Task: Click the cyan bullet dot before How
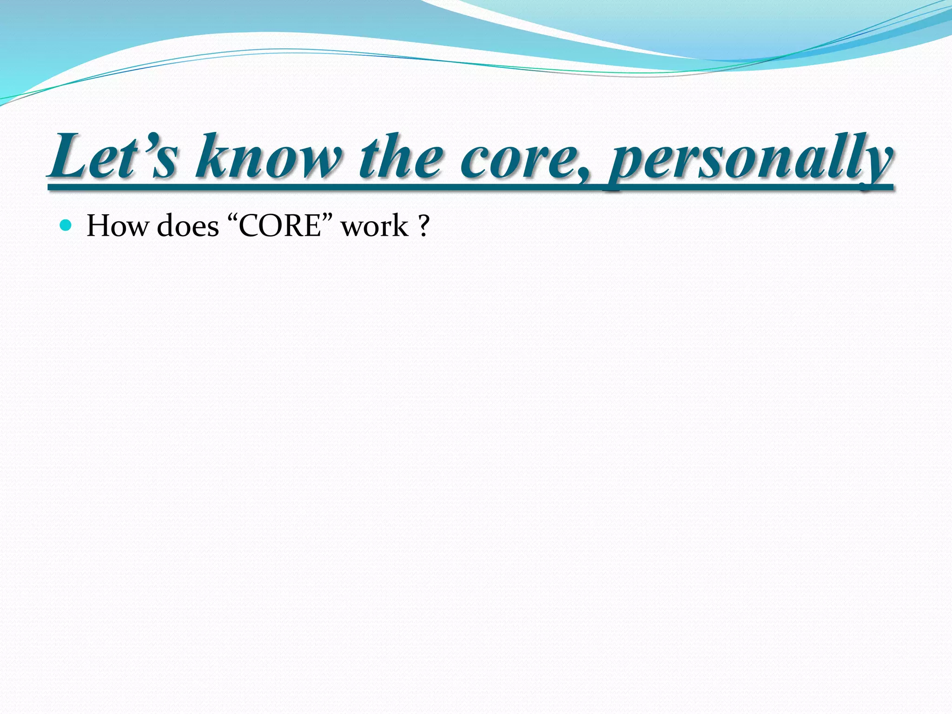point(66,226)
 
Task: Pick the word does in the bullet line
point(188,226)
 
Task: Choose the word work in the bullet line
point(375,226)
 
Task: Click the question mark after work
point(423,226)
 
